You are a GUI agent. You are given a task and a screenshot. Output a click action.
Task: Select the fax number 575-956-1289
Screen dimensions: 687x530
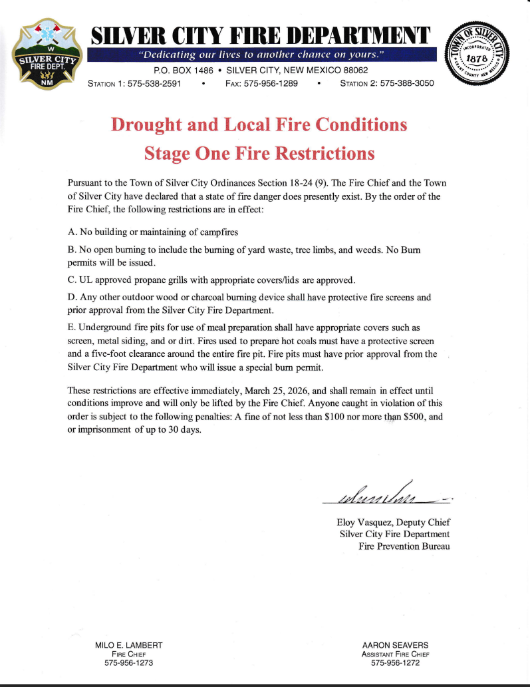click(x=271, y=83)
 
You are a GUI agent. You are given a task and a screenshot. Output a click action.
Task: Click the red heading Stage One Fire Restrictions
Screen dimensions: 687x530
click(x=259, y=154)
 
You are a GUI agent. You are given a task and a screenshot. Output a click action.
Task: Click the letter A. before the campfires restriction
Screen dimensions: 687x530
click(x=72, y=232)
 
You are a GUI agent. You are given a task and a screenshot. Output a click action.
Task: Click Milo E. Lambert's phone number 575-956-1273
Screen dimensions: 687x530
click(x=129, y=663)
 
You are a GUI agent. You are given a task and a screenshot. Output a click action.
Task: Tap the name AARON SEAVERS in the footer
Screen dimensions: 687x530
click(x=395, y=645)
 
